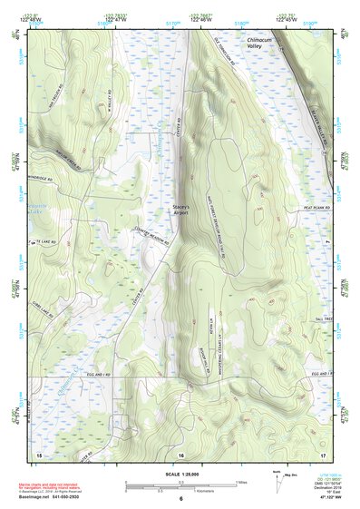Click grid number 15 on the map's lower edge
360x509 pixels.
click(x=38, y=451)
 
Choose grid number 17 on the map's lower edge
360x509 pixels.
click(x=323, y=451)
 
